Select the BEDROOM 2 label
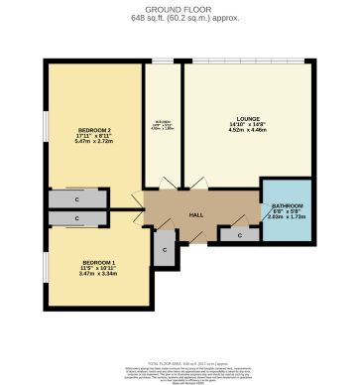tap(95, 131)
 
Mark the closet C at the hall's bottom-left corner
tap(165, 251)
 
